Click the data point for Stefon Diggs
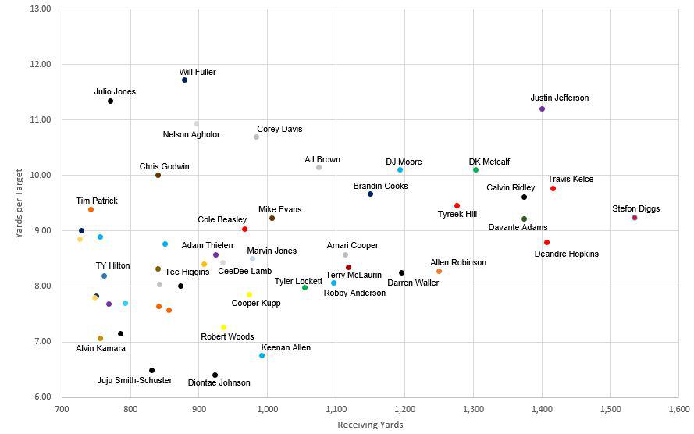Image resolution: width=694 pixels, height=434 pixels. (635, 218)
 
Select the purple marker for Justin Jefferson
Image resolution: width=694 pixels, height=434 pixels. (542, 109)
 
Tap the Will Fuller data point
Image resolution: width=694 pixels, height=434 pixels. (184, 80)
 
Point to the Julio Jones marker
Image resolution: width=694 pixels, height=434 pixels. (110, 101)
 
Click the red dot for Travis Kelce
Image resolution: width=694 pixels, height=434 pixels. (553, 189)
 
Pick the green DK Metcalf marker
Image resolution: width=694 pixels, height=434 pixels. (475, 170)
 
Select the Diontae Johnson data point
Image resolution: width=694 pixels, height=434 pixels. (215, 375)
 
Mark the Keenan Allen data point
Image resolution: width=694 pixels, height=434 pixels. (262, 356)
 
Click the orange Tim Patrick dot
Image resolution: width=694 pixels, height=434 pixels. (91, 210)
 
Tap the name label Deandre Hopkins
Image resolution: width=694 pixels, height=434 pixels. (567, 254)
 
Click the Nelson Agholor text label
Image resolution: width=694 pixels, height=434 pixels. (191, 134)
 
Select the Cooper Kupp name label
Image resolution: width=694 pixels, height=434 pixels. (256, 303)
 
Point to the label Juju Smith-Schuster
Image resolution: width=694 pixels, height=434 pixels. (134, 381)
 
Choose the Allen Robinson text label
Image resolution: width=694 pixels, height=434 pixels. (458, 263)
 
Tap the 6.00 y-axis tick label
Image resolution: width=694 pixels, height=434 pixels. (41, 397)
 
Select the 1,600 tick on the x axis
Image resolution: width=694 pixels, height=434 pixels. (678, 409)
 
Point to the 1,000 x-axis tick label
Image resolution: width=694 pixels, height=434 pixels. (267, 409)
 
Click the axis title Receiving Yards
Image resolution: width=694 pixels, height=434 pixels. (370, 425)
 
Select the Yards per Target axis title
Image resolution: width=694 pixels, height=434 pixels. (20, 203)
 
